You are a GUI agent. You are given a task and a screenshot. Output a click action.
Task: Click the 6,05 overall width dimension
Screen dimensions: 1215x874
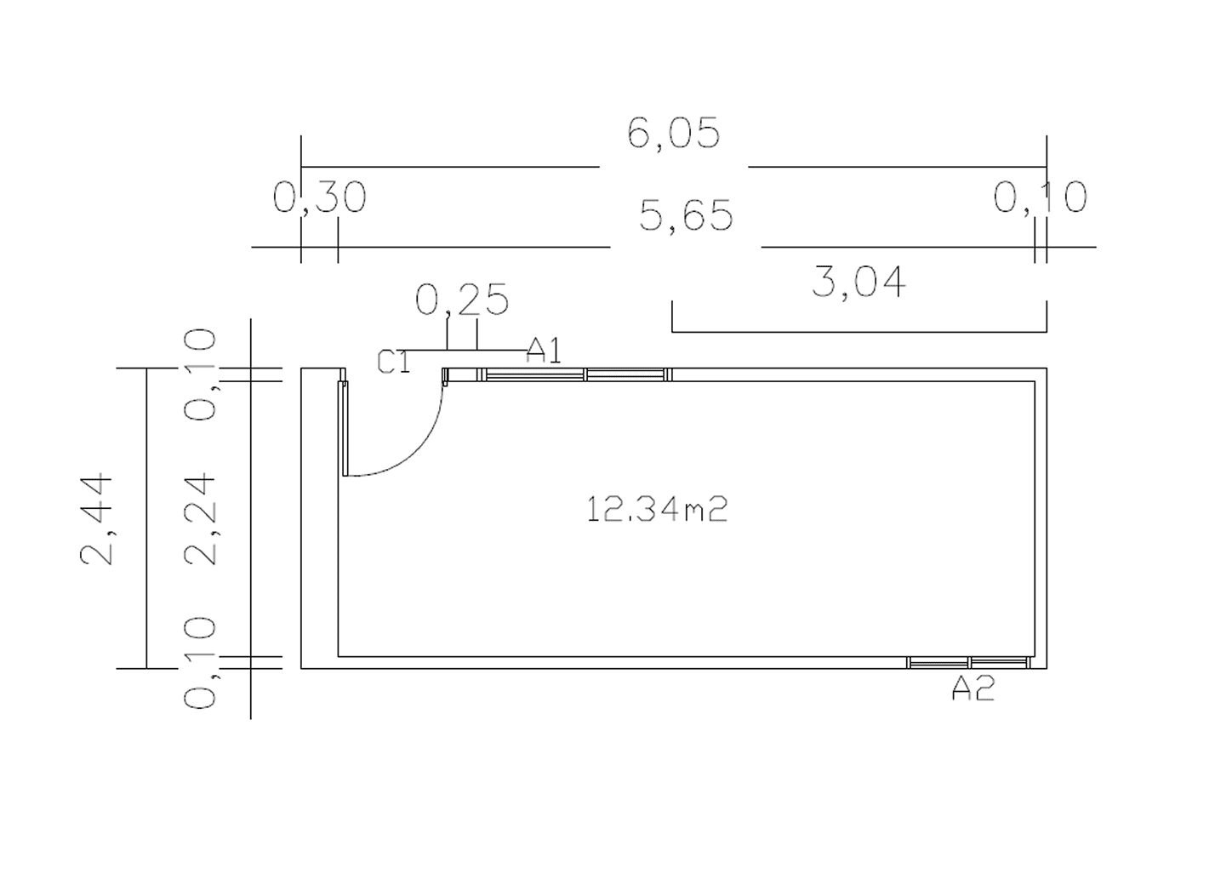click(674, 133)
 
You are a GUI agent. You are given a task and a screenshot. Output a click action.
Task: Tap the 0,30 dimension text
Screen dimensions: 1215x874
click(319, 197)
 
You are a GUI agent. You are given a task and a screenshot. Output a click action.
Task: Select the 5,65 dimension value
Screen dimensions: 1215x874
click(686, 215)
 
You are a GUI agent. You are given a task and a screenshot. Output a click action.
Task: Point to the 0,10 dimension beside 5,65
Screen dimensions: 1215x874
click(1041, 197)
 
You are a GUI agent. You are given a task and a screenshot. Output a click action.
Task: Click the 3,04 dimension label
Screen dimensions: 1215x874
click(858, 281)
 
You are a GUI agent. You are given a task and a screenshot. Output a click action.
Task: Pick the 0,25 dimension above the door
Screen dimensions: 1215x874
click(462, 299)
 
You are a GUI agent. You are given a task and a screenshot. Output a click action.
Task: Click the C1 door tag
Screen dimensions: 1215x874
click(394, 362)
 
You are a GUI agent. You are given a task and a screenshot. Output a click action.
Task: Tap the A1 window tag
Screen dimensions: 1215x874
click(544, 350)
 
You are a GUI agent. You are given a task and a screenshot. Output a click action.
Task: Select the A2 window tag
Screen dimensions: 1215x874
click(973, 688)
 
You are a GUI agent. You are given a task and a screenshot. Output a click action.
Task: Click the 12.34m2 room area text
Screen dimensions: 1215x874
click(657, 510)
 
